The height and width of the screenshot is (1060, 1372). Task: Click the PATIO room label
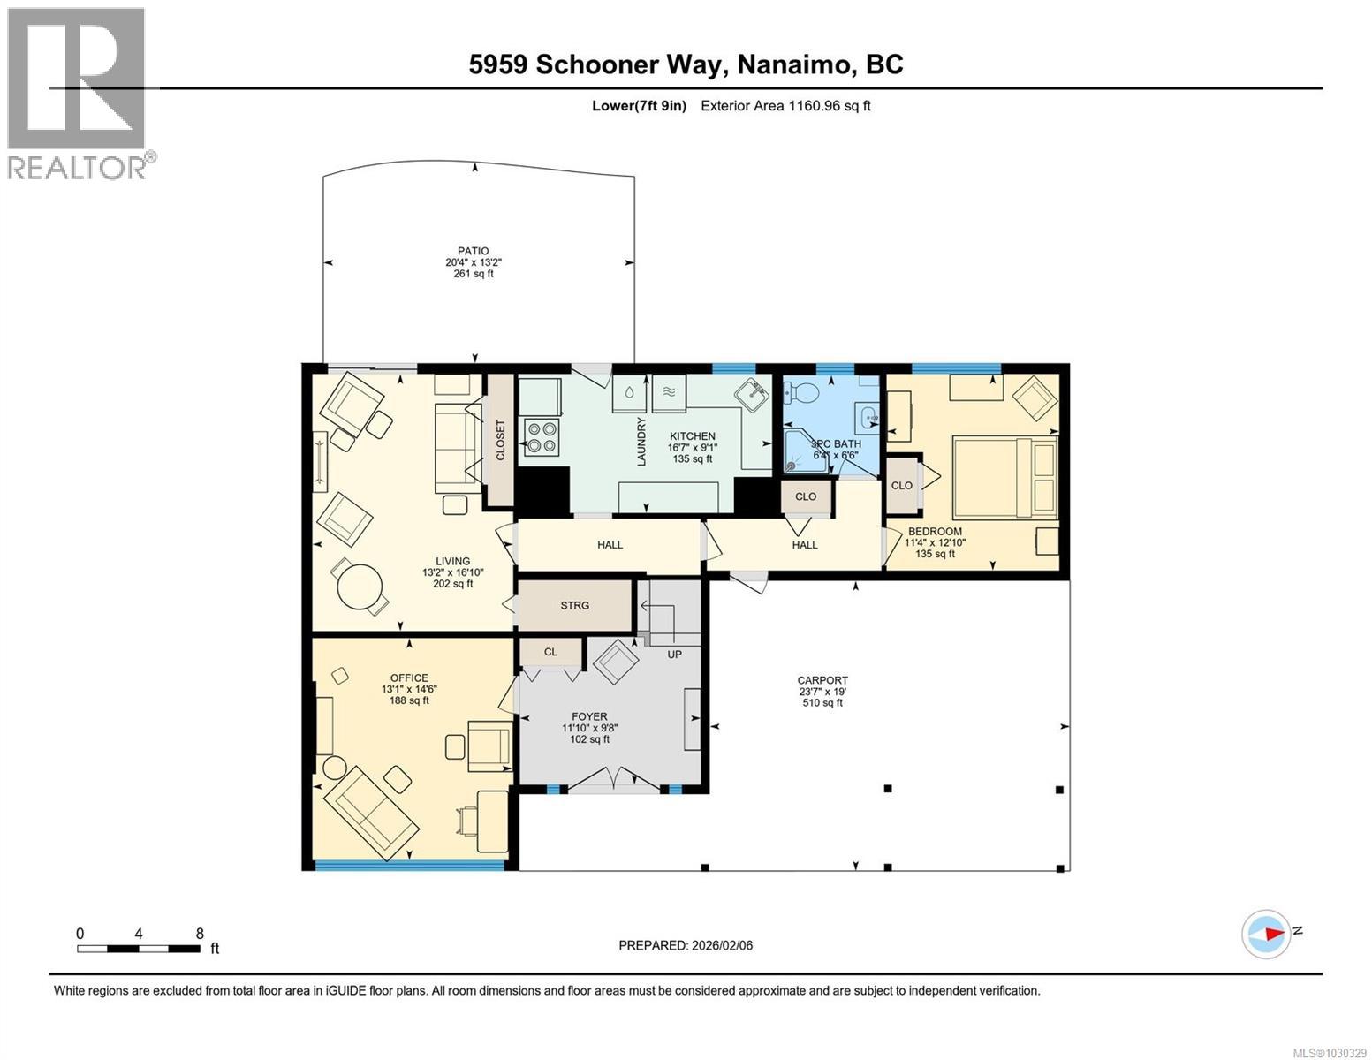473,251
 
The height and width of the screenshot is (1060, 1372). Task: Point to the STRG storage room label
574,605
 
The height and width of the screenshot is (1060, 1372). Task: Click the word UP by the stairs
673,655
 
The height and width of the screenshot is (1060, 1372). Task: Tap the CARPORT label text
822,680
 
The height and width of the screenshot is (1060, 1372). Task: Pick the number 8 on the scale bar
200,933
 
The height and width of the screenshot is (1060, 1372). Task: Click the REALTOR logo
78,93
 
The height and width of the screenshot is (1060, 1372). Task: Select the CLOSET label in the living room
501,439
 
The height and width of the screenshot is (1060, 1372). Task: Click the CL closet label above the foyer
550,652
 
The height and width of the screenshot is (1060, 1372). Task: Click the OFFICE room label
409,678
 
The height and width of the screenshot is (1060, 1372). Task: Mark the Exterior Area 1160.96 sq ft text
785,106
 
